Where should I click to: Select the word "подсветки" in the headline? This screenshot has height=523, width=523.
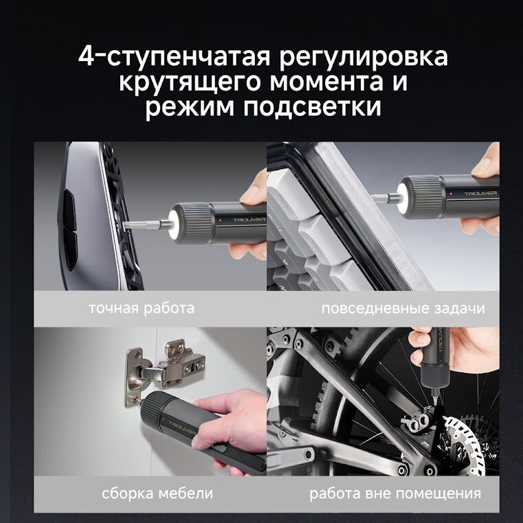point(312,107)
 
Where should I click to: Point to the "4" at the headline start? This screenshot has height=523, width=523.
point(85,56)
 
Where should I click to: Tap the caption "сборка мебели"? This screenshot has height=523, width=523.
point(157,493)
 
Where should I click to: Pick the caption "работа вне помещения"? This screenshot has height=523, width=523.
point(395,493)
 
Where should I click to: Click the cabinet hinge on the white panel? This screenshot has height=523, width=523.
point(164,370)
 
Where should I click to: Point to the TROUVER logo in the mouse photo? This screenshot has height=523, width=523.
point(249,220)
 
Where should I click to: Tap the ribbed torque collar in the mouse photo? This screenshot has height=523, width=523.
point(196,223)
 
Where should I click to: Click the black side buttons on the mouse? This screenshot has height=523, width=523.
point(69,230)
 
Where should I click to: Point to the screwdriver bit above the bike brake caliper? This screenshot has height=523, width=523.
point(435,395)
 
